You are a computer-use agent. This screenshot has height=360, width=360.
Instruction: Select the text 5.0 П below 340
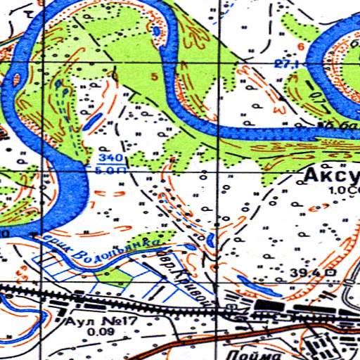(x=107, y=169)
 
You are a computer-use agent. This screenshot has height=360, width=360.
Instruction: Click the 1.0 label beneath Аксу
(x=338, y=191)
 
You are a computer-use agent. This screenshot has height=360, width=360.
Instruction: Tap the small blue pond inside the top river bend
(x=155, y=31)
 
